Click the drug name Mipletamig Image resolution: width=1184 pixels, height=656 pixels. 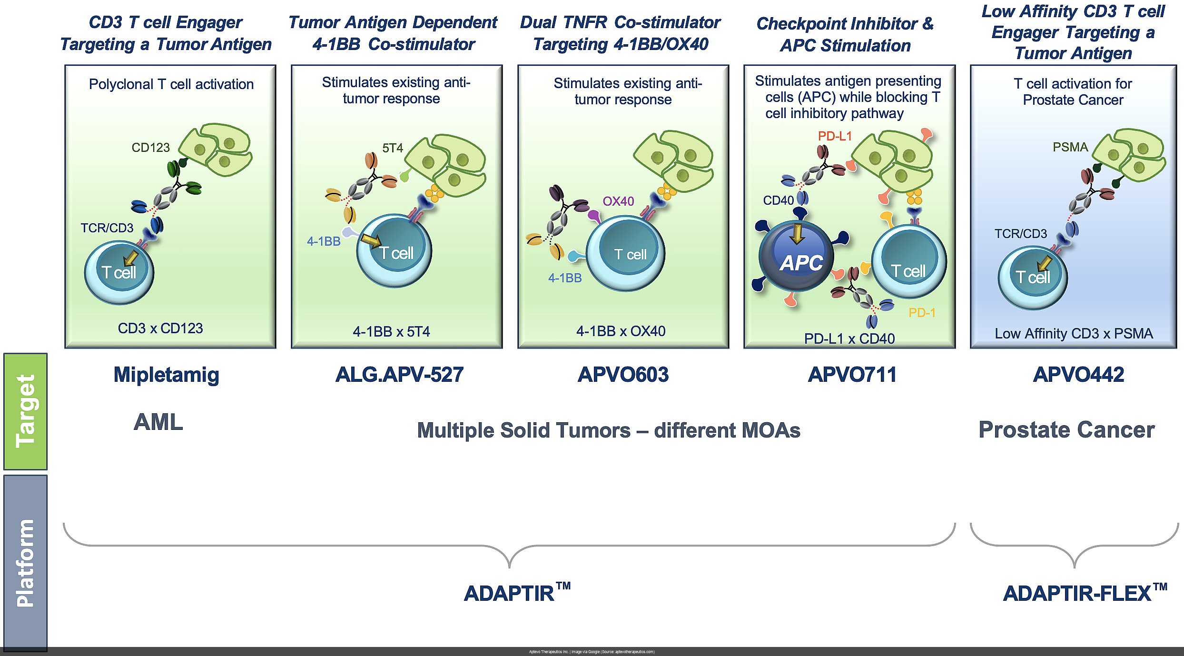point(166,375)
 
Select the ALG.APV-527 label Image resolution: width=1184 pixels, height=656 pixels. point(399,375)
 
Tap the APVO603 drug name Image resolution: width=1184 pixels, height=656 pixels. point(622,375)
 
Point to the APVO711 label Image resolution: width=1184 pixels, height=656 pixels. point(852,375)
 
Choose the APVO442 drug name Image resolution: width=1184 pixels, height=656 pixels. point(1078,375)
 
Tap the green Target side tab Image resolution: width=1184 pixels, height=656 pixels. point(26,411)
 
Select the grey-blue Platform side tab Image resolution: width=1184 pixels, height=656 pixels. point(26,562)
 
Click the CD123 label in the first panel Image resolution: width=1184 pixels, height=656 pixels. point(150,148)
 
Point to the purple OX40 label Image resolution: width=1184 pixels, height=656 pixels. point(618,201)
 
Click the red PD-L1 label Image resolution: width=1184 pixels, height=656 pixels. point(835,136)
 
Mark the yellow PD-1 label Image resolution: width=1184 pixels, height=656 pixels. point(922,313)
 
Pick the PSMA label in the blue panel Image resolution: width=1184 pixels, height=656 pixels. point(1070,147)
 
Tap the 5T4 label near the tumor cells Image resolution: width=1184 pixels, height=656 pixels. point(393,148)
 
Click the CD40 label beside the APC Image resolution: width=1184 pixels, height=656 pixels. point(778,200)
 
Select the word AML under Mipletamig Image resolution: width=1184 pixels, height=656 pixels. point(158,422)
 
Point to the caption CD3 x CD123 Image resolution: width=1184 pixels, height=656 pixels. point(160,328)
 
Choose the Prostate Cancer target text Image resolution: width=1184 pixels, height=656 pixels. point(1066,430)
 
